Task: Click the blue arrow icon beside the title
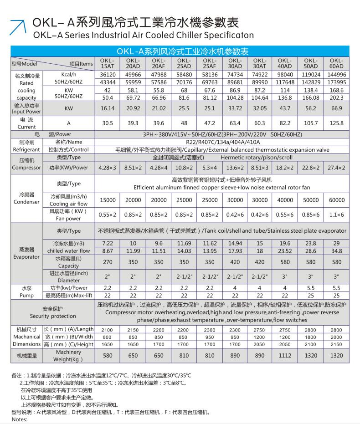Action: tap(18, 27)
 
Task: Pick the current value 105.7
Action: tap(311, 124)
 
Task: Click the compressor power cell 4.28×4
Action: tap(159, 167)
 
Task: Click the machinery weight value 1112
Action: tap(285, 356)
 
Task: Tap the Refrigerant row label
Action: tap(26, 146)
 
